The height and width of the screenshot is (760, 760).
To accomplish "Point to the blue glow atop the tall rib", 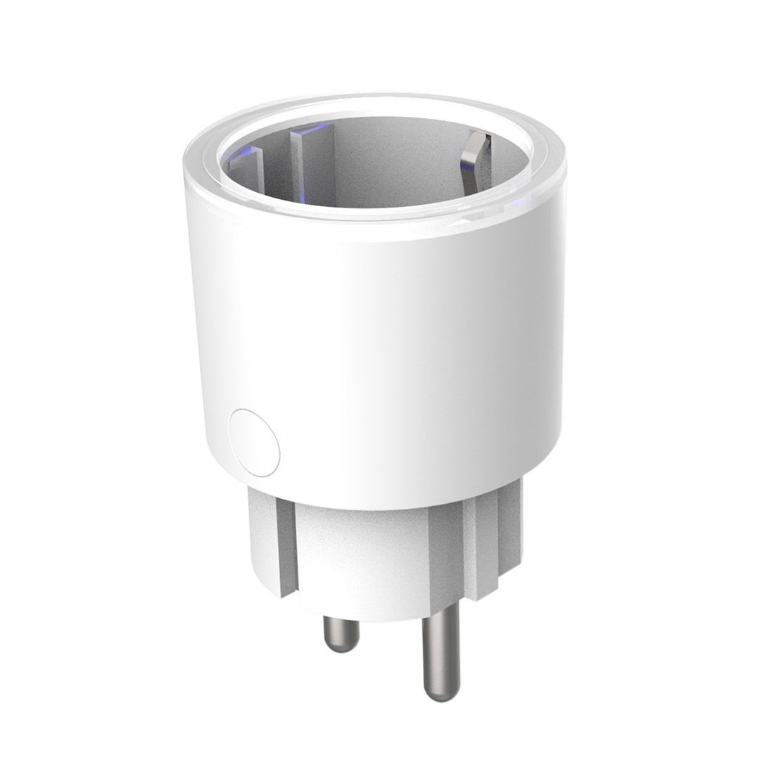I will pos(304,131).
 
